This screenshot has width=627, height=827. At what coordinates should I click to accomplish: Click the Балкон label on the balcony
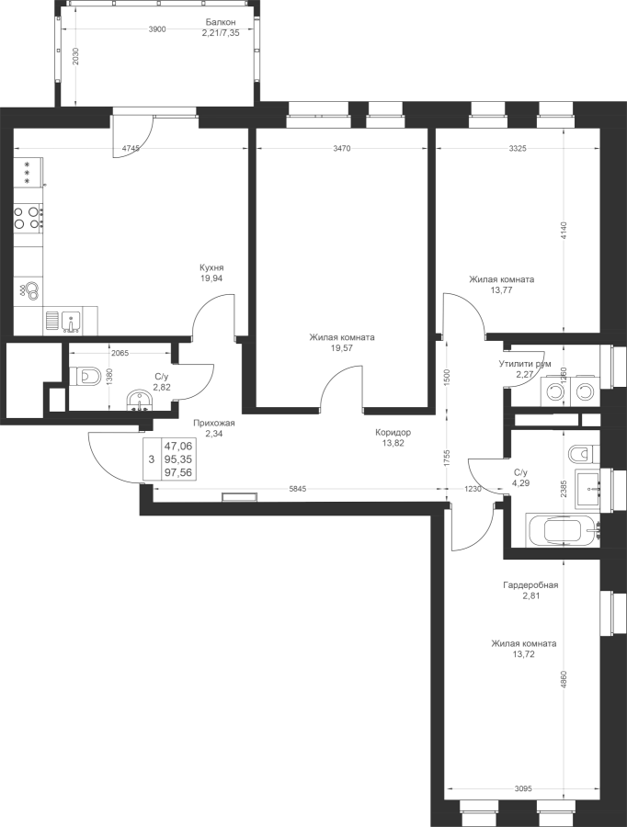[x=221, y=27]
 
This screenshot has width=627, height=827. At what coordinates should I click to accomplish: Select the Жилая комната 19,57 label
[x=341, y=343]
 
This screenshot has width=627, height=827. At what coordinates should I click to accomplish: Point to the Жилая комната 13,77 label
[x=500, y=284]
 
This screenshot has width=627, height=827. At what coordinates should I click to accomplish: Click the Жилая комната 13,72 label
[x=524, y=649]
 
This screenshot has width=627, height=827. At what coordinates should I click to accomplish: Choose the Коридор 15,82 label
[x=393, y=436]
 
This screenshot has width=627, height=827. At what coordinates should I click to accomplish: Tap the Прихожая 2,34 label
[x=214, y=429]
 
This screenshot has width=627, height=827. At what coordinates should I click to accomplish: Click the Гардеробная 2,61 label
[x=530, y=589]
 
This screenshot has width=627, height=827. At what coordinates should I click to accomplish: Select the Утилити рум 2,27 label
[x=524, y=369]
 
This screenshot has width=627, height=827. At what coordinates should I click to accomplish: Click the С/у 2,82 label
[x=162, y=380]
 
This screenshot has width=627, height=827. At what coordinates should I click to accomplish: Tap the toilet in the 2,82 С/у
[x=87, y=374]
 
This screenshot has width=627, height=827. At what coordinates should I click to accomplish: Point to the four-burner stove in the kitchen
[x=28, y=217]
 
